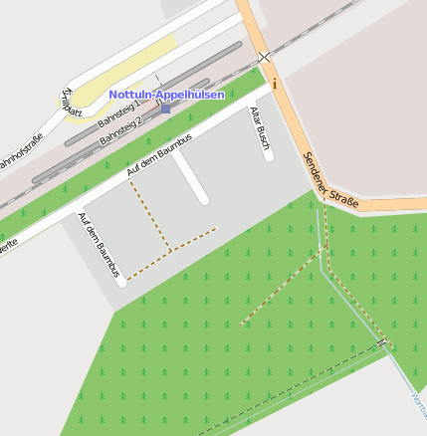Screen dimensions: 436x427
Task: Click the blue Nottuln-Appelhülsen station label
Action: [x=166, y=95]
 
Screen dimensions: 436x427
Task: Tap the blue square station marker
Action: [x=164, y=108]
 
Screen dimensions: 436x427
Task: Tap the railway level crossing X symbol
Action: [x=264, y=58]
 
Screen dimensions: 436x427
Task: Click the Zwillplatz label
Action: [x=71, y=103]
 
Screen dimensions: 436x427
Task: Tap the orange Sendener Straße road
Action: [x=299, y=139]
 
